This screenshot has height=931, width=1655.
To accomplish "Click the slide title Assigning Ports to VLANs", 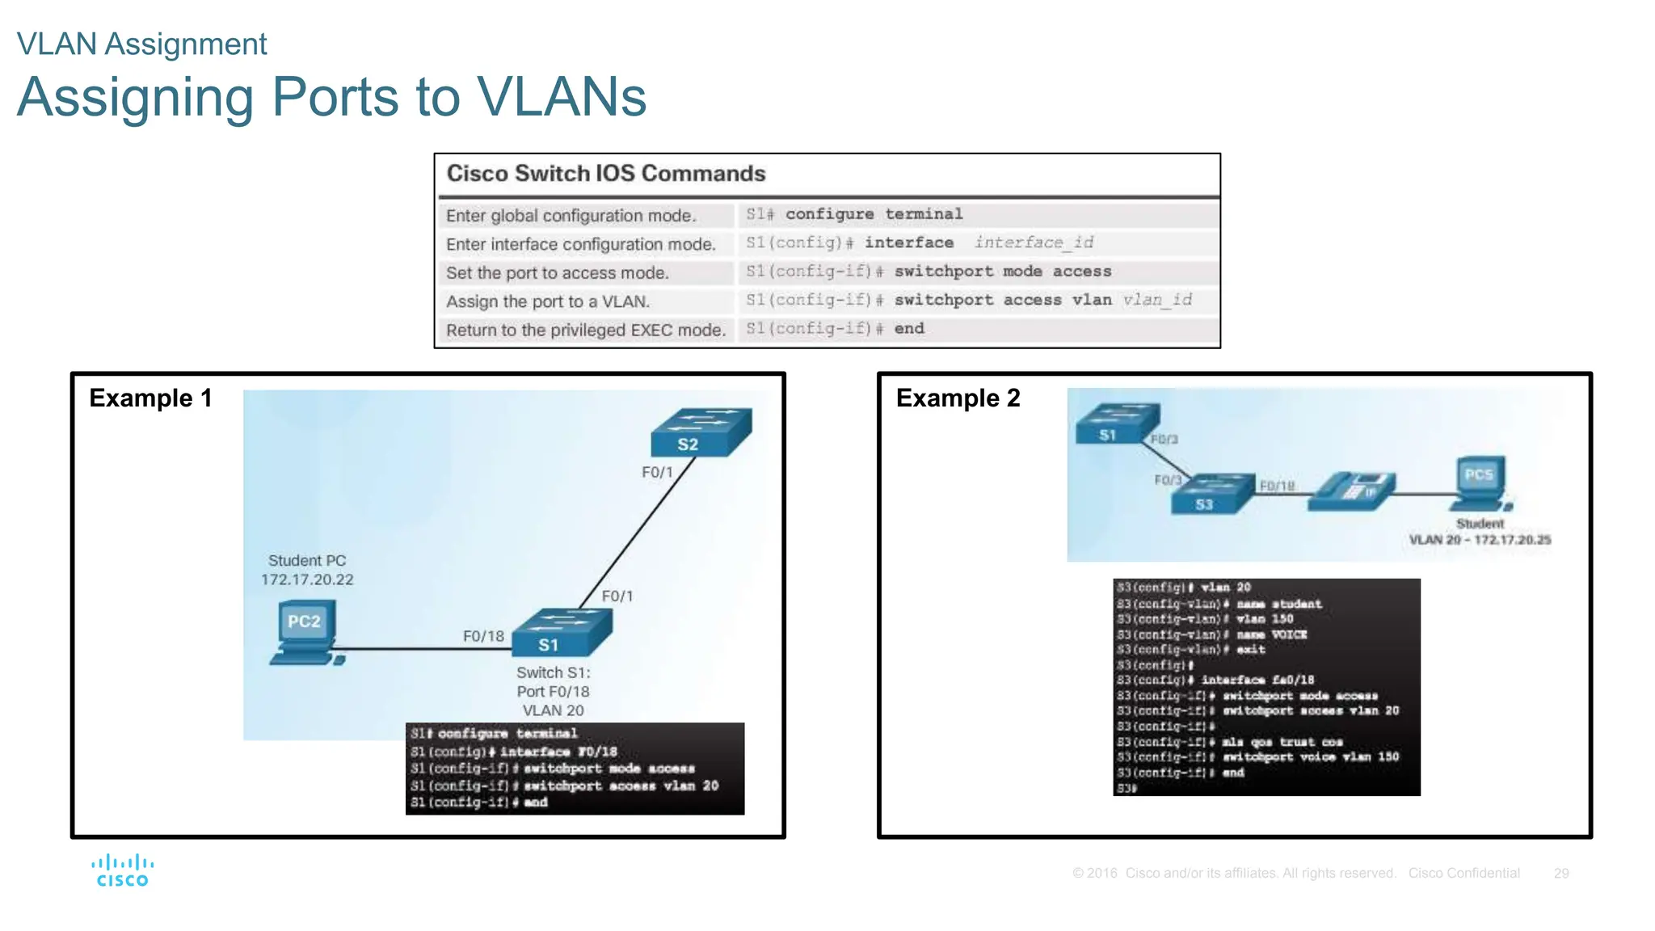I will (331, 97).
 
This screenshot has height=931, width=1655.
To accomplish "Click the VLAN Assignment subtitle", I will (141, 44).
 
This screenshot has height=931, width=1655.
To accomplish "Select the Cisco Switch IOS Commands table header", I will (606, 174).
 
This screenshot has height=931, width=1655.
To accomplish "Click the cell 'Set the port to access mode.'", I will (558, 273).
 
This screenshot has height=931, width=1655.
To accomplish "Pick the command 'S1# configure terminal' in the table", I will (854, 214).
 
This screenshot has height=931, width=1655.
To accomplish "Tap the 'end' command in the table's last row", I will (909, 329).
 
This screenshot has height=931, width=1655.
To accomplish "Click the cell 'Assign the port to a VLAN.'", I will (548, 301).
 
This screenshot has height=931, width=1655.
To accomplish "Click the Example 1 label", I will (150, 398).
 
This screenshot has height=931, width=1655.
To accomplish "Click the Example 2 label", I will (958, 398).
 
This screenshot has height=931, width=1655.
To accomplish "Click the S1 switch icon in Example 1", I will (562, 632).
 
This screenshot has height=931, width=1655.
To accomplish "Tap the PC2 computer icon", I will (305, 633).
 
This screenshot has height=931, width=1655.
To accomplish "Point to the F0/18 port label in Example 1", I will (483, 636).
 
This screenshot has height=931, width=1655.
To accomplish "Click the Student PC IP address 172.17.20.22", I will (307, 579).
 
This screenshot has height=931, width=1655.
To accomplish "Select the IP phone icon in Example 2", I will (1351, 491).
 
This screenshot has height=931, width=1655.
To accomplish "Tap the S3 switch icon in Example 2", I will (1212, 494).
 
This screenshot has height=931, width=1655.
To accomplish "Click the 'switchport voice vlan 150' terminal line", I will (1309, 757).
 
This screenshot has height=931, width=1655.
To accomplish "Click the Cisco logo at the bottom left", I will (122, 870).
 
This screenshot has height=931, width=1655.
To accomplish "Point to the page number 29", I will (1560, 873).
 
